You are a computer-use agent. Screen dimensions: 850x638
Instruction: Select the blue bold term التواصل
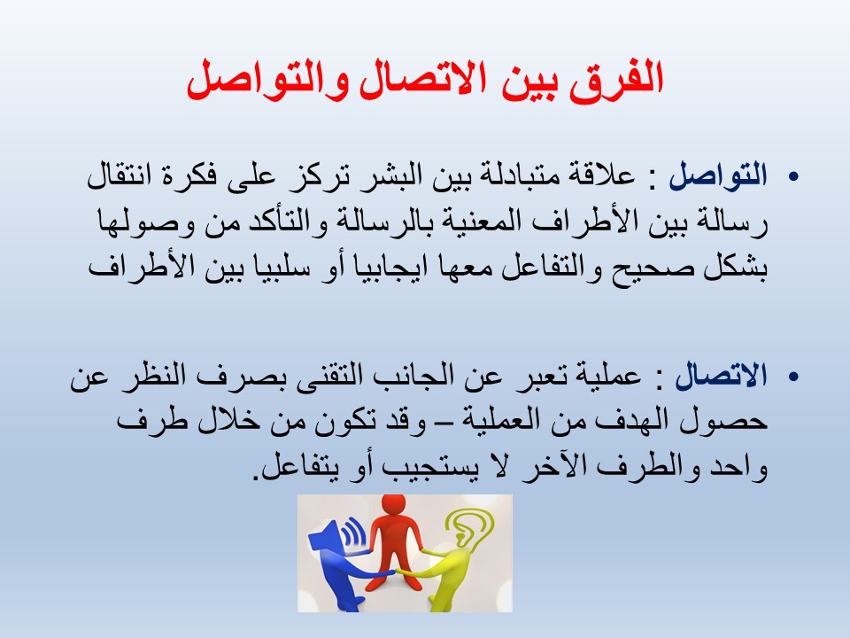(718, 175)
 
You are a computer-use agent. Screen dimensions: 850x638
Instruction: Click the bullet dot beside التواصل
(794, 176)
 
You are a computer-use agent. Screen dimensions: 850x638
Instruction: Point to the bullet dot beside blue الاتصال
(794, 376)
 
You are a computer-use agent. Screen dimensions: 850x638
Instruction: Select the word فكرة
(193, 175)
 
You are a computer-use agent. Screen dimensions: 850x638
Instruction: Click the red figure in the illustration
(395, 542)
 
